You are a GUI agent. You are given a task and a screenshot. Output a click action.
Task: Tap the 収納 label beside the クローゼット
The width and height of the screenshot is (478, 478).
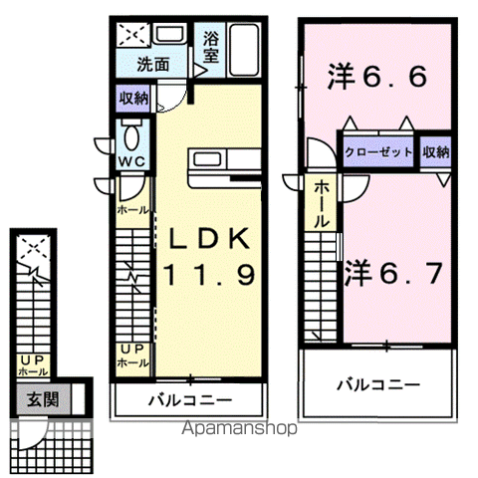tap(435, 152)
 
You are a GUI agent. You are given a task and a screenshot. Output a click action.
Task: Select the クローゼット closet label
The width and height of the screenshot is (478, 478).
tap(379, 152)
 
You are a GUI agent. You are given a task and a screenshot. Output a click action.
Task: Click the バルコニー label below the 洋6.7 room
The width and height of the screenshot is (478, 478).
tap(377, 382)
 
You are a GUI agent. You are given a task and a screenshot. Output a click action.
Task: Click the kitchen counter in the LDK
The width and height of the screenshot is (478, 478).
tap(223, 163)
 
